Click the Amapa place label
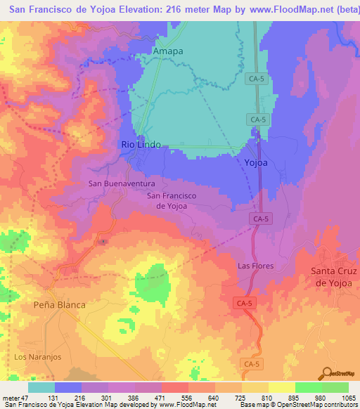coord(168,52)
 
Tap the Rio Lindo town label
coord(141,144)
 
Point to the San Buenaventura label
coord(121,183)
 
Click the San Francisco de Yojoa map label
coord(171,200)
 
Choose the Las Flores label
coord(255,266)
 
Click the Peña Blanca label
coord(59,305)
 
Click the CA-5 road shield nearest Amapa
coord(257,80)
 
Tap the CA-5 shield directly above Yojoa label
coord(258,120)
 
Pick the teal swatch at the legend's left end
coord(41,387)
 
